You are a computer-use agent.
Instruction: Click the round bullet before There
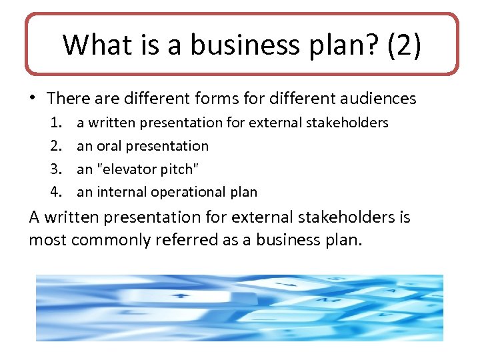point(33,99)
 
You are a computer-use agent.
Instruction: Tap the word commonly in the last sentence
point(111,240)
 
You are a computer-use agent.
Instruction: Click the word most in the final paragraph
point(47,240)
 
